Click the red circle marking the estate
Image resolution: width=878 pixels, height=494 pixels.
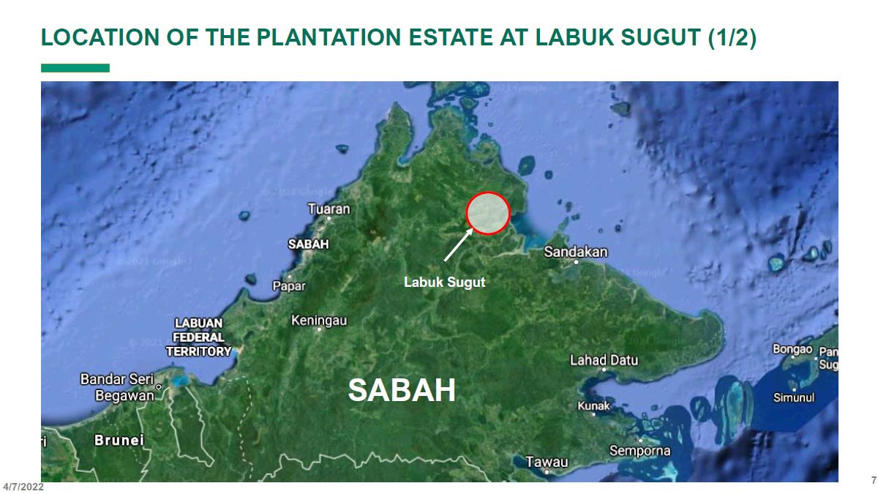pyautogui.click(x=487, y=212)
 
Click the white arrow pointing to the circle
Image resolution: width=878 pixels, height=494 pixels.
pyautogui.click(x=459, y=244)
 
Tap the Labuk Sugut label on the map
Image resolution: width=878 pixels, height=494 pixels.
pyautogui.click(x=444, y=282)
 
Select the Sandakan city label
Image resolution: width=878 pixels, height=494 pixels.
pyautogui.click(x=576, y=252)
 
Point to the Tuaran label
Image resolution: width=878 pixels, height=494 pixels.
pyautogui.click(x=329, y=209)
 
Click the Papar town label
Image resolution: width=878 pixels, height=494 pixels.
pyautogui.click(x=289, y=285)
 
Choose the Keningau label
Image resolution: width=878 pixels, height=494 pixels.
pyautogui.click(x=319, y=321)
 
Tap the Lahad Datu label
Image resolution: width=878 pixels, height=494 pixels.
pyautogui.click(x=604, y=360)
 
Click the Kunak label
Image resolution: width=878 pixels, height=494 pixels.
pyautogui.click(x=593, y=405)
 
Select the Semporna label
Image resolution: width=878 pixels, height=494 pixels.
pyautogui.click(x=639, y=450)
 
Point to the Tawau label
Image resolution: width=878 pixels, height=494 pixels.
pyautogui.click(x=547, y=462)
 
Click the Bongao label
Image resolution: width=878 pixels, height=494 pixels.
pyautogui.click(x=793, y=349)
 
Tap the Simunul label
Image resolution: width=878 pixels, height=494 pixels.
pyautogui.click(x=794, y=397)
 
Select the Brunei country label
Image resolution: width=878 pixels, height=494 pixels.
pyautogui.click(x=119, y=441)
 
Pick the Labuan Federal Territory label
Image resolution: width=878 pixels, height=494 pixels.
pyautogui.click(x=198, y=337)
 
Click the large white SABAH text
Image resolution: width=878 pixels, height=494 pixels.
pyautogui.click(x=402, y=390)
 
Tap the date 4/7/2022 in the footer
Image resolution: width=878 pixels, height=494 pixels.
pyautogui.click(x=23, y=487)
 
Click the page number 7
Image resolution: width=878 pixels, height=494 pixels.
pyautogui.click(x=873, y=481)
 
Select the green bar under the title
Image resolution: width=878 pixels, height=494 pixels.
pyautogui.click(x=75, y=68)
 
